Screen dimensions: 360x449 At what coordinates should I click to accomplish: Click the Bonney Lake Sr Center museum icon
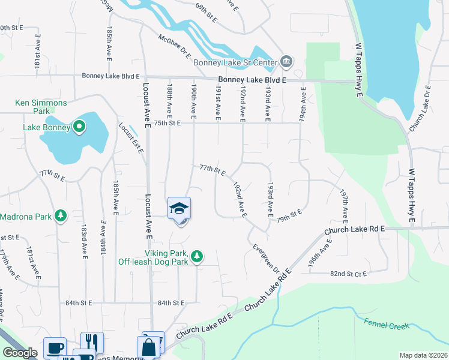(286, 62)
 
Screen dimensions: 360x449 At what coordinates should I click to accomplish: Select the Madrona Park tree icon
(60, 215)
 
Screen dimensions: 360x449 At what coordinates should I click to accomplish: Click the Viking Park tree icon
(196, 257)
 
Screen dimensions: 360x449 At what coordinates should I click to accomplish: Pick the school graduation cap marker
(179, 208)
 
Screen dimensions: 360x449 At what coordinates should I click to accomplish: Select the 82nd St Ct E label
(348, 274)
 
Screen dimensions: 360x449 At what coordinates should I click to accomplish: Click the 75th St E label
(167, 123)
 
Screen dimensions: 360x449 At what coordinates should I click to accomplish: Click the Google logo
(20, 353)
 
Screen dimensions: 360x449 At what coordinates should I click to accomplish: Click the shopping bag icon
(149, 347)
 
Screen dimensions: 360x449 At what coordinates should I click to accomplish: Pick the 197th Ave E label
(345, 205)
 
